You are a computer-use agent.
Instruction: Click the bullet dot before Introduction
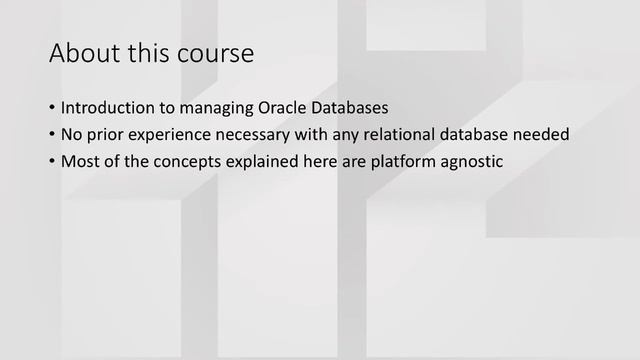point(52,108)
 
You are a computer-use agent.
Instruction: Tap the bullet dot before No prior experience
point(52,134)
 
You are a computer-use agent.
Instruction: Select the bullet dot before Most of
point(52,160)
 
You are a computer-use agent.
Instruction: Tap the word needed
point(548,134)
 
